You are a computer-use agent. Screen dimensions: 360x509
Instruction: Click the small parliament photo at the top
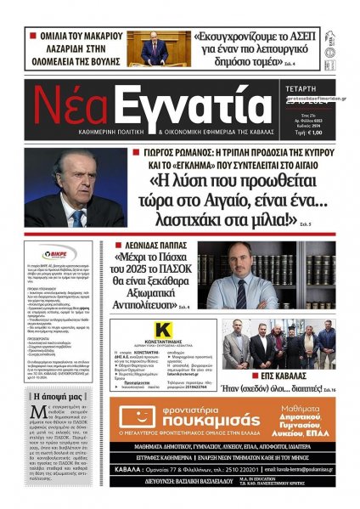pos(158,49)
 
